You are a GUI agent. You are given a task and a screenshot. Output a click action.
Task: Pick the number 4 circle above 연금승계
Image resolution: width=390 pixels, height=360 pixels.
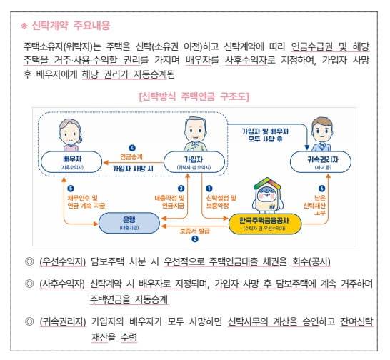(132, 148)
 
